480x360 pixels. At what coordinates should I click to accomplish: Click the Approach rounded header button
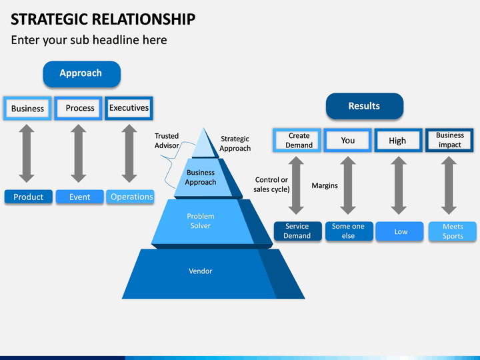click(x=82, y=74)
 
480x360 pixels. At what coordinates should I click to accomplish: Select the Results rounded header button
click(x=365, y=106)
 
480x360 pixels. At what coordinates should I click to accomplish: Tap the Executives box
click(x=129, y=108)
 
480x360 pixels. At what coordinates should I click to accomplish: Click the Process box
click(x=79, y=108)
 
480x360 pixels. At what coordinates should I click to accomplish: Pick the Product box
click(x=29, y=197)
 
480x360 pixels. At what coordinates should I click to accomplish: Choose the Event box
click(x=79, y=197)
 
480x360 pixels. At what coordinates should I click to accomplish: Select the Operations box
click(x=130, y=197)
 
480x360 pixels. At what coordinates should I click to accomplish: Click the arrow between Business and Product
click(x=27, y=153)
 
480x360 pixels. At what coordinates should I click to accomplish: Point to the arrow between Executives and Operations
click(x=129, y=153)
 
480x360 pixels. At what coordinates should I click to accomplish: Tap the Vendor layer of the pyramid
click(x=201, y=274)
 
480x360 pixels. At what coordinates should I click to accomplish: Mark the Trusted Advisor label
click(x=167, y=141)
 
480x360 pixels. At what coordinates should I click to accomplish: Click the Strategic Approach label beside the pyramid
click(x=235, y=143)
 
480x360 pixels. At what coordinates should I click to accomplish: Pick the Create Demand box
click(x=297, y=140)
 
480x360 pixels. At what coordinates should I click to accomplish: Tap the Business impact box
click(x=449, y=140)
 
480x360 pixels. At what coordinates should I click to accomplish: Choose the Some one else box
click(x=349, y=231)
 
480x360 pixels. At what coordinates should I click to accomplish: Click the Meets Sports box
click(x=453, y=231)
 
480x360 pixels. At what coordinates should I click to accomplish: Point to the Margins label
click(x=325, y=185)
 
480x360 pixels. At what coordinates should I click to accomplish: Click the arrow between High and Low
click(x=399, y=185)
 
